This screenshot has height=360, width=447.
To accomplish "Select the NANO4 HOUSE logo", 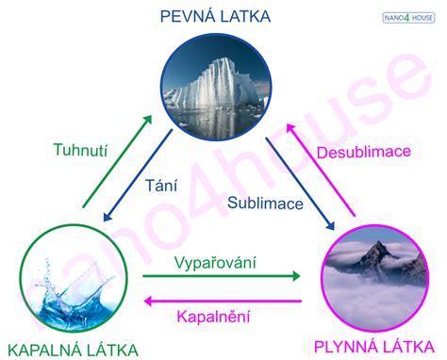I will (408, 17).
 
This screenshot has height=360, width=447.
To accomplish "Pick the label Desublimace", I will (363, 152).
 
